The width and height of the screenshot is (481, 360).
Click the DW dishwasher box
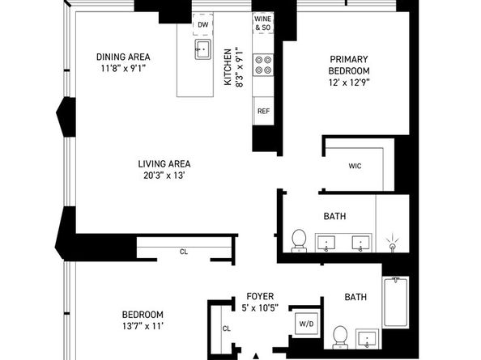[x=203, y=24]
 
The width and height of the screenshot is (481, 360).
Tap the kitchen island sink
[x=202, y=49]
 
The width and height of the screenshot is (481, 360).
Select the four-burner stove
[x=263, y=65]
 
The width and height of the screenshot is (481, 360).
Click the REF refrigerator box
[x=263, y=111]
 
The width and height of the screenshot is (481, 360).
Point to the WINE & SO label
[x=263, y=23]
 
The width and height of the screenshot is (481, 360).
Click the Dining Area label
[x=123, y=57]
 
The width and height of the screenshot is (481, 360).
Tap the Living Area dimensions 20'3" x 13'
[x=164, y=176]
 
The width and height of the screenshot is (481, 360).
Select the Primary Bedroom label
[x=349, y=65]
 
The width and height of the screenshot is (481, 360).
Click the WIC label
[x=355, y=166]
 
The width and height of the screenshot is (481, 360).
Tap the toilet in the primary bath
[x=299, y=241]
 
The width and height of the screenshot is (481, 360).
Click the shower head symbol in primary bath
[x=393, y=244]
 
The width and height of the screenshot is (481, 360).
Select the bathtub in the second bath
[x=396, y=302]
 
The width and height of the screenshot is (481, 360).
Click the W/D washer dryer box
[x=306, y=324]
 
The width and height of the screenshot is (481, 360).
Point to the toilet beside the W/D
[x=340, y=337]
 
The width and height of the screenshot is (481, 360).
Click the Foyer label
[x=260, y=296]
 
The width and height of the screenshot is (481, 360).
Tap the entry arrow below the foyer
[x=256, y=356]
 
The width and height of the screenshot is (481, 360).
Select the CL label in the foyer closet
[x=227, y=328]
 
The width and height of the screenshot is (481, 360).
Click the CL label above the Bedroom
[x=184, y=252]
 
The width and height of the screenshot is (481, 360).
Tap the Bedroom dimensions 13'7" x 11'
[x=143, y=326]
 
